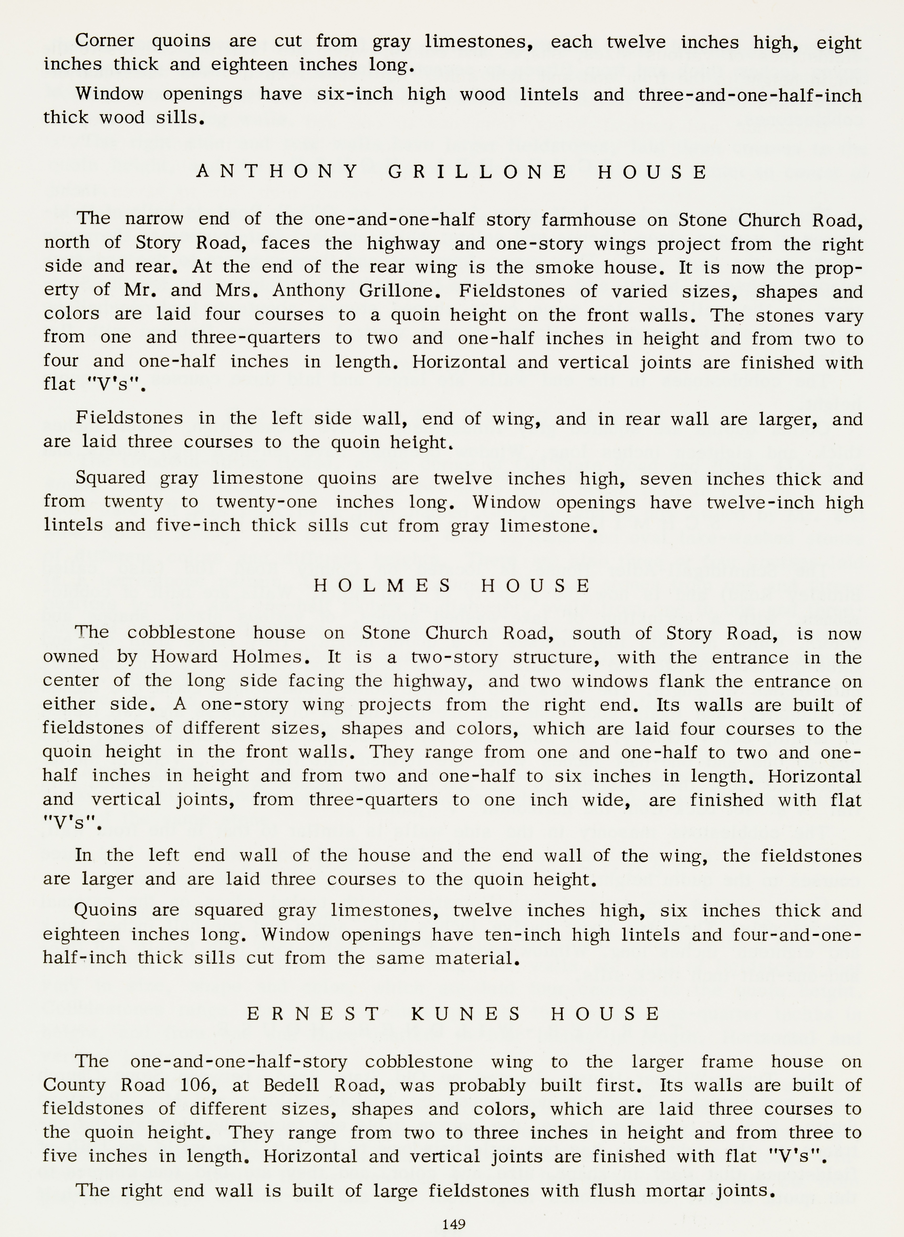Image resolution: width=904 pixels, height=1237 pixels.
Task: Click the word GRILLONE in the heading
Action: pyautogui.click(x=478, y=172)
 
